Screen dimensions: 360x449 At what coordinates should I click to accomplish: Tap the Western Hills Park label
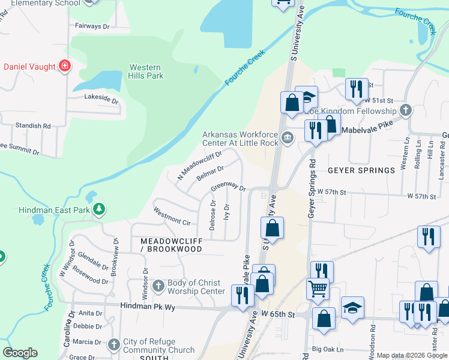pos(146,71)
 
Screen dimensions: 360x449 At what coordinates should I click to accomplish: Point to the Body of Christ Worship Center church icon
pos(158,286)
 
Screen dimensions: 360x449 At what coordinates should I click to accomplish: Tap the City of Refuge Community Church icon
pos(114,344)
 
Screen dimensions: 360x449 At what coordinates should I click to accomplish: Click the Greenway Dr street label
pos(228,188)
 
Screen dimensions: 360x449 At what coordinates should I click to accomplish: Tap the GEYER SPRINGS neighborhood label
pos(361,170)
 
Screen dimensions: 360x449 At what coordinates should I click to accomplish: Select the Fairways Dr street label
pos(92,26)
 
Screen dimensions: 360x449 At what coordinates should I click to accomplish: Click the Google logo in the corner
pos(20,353)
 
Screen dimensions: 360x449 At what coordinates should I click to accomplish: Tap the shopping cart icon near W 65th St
pos(318,288)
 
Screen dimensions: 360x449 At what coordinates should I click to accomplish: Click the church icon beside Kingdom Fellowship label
pos(406,110)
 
